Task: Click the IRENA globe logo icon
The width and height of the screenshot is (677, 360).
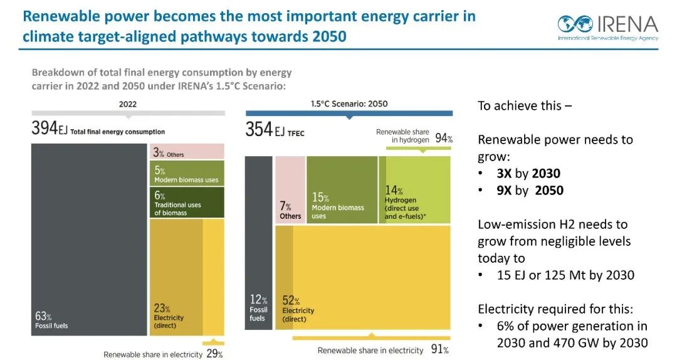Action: point(575,25)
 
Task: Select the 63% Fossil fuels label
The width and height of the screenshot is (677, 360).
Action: point(51,320)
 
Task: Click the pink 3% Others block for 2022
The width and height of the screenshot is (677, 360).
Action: point(187,151)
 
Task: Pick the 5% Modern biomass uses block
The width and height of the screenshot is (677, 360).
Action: point(187,174)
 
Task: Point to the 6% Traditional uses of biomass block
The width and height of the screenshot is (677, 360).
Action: point(187,202)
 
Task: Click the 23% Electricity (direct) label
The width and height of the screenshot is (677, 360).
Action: point(169,315)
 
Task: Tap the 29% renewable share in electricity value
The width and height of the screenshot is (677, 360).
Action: point(214,354)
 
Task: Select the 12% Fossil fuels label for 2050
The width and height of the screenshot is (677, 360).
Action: point(259,308)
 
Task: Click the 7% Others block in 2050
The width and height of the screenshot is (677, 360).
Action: point(290,210)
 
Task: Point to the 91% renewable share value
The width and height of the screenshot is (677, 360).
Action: point(439,350)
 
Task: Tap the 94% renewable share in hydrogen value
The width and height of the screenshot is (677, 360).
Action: point(444,138)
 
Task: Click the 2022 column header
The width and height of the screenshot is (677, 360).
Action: point(127,104)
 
